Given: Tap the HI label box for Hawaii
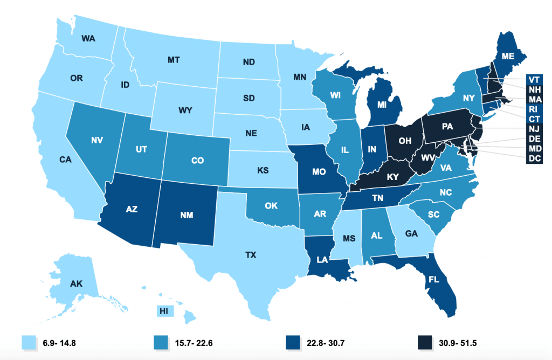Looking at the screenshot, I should pos(163,310).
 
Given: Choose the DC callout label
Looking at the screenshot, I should pos(535,158).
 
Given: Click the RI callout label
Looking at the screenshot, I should pos(535,109).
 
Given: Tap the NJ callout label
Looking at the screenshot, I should pos(535,129).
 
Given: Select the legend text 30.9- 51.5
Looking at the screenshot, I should pos(456,342).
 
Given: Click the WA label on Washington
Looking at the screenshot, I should pos(89,38).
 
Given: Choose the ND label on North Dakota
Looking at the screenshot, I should pos(249,61).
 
